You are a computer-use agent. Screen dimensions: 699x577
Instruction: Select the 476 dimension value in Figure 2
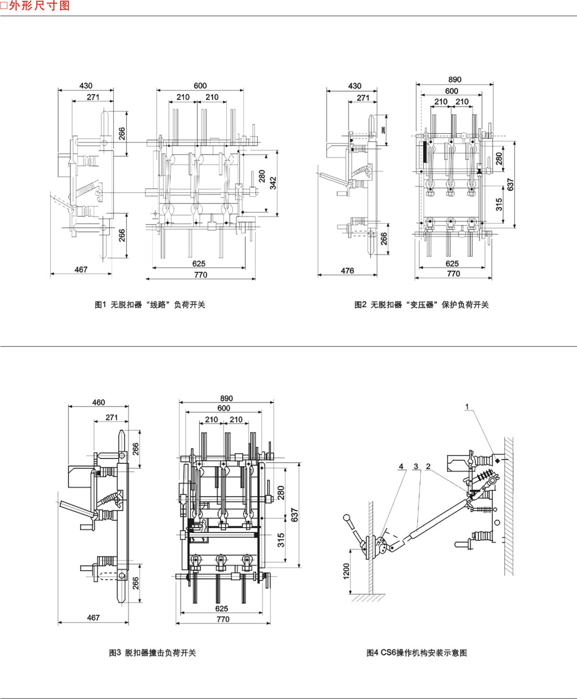click(347, 270)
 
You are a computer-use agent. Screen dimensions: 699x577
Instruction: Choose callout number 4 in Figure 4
click(400, 465)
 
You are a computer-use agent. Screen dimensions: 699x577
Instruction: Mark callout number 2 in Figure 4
click(429, 465)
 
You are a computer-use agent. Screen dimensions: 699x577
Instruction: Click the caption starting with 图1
click(149, 305)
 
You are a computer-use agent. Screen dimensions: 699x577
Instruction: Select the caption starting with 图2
click(421, 305)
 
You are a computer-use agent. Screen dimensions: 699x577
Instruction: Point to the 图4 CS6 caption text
click(416, 653)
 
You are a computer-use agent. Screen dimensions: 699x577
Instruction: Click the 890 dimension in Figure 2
click(454, 80)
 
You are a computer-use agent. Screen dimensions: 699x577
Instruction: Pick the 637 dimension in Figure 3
click(294, 513)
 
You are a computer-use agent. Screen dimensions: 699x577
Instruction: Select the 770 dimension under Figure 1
click(200, 275)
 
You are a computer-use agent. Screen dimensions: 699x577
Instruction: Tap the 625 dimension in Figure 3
click(221, 608)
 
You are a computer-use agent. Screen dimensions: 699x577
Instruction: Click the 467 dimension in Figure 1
click(81, 269)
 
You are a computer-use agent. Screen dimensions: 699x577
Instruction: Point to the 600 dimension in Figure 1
click(200, 86)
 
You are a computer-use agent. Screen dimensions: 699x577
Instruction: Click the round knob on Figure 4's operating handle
click(347, 517)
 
